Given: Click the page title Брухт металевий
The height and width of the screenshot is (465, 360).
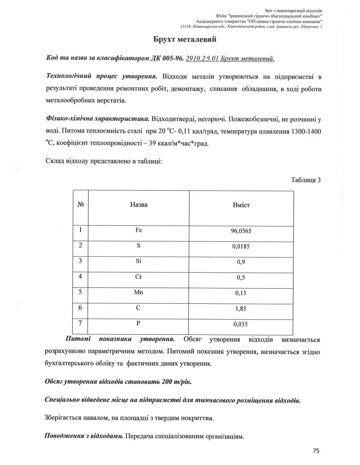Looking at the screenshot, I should pyautogui.click(x=185, y=39).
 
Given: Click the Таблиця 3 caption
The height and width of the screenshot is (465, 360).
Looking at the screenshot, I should pyautogui.click(x=306, y=180).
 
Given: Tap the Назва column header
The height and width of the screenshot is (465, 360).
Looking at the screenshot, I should pyautogui.click(x=139, y=205).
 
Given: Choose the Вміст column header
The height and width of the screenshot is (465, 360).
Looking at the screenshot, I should pyautogui.click(x=241, y=205).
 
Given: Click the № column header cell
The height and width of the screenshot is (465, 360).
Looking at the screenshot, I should pyautogui.click(x=80, y=204).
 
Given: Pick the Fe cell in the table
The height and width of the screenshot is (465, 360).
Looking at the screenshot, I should pyautogui.click(x=139, y=230).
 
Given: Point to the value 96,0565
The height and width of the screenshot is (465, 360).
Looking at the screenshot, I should pyautogui.click(x=241, y=231).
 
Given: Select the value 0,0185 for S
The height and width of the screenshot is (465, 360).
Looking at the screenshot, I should pyautogui.click(x=241, y=246).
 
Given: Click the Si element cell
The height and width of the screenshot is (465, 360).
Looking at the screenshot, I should pyautogui.click(x=139, y=261).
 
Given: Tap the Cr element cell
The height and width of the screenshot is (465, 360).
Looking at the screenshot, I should pyautogui.click(x=139, y=277).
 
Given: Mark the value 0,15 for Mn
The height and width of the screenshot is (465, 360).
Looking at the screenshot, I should pyautogui.click(x=241, y=293).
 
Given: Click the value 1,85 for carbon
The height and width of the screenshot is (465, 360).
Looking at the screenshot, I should pyautogui.click(x=241, y=309).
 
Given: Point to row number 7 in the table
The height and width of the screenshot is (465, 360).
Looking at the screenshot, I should pyautogui.click(x=80, y=323).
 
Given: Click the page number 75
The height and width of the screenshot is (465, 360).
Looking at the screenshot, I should pyautogui.click(x=316, y=451).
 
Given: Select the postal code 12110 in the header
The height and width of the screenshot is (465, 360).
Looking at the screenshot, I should pyautogui.click(x=185, y=27).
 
